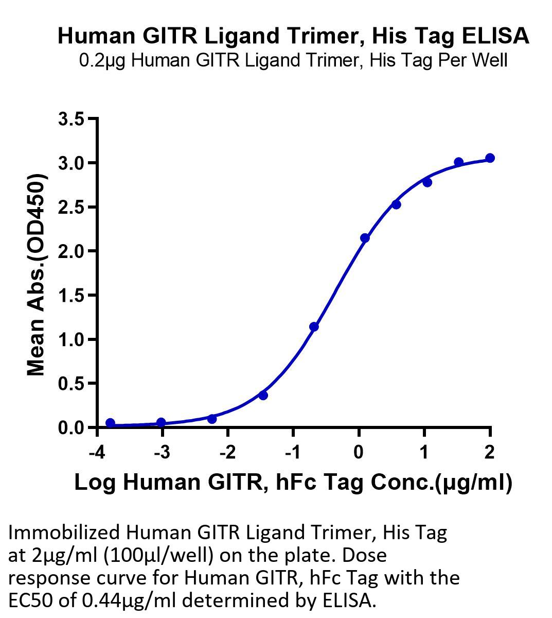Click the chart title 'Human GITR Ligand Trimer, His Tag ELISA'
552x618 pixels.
(293, 36)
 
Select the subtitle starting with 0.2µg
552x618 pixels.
(293, 61)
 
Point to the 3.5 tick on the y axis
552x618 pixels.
(72, 119)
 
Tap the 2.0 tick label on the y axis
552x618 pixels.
(72, 251)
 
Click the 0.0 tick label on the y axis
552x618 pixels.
(72, 427)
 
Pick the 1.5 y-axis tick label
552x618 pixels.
(72, 296)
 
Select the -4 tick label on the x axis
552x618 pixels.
(97, 453)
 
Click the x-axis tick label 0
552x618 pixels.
(359, 453)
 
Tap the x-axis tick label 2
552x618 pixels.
(489, 453)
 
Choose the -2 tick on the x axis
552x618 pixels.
(227, 453)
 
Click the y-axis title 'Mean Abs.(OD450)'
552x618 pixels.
(37, 274)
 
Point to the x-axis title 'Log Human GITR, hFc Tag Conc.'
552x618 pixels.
(293, 483)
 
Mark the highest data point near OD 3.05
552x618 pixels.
(490, 158)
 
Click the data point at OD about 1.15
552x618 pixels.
(314, 327)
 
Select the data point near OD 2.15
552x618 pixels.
(365, 238)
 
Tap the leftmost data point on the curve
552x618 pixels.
(110, 423)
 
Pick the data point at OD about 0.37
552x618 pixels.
(263, 396)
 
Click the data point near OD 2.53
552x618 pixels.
(396, 204)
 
